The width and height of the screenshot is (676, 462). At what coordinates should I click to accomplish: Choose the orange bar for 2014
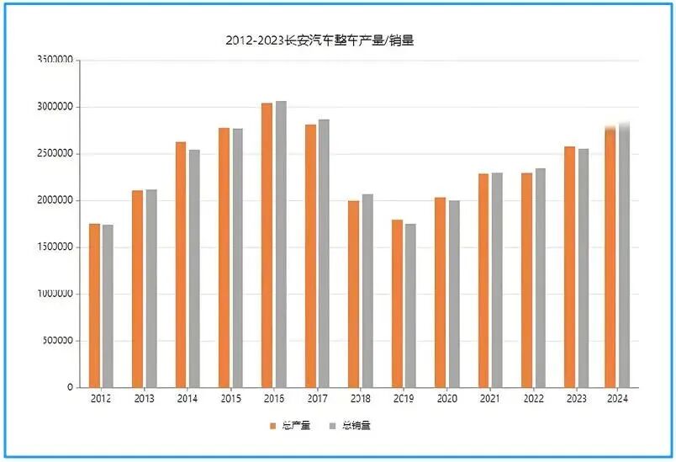(x=181, y=264)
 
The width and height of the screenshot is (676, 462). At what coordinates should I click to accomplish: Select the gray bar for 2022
(x=541, y=278)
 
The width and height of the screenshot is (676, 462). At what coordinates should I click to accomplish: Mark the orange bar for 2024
(x=610, y=257)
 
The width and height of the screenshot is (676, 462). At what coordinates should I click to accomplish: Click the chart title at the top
(x=320, y=40)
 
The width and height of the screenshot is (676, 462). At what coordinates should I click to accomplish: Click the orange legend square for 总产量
(x=272, y=426)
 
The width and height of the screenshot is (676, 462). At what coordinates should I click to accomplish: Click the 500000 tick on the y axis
(x=58, y=341)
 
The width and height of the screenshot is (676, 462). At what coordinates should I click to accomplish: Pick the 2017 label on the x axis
(x=317, y=398)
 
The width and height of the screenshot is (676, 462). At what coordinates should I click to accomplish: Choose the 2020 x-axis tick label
(x=447, y=398)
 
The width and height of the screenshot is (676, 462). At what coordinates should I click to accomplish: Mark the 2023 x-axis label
(x=577, y=398)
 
